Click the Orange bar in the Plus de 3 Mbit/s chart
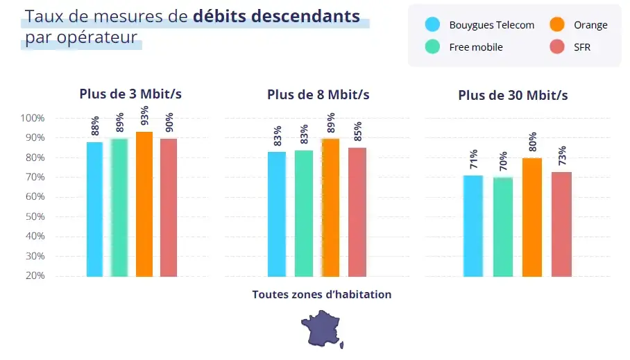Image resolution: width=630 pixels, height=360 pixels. [x=144, y=204]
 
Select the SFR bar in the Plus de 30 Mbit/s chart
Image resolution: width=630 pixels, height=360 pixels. [x=561, y=224]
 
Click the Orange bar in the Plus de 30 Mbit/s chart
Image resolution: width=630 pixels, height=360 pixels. [x=532, y=217]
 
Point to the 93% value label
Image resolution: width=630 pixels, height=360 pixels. [x=144, y=119]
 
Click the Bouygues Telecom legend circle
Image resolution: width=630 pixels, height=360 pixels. [x=432, y=25]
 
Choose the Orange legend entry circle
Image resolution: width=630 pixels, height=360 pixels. [x=557, y=25]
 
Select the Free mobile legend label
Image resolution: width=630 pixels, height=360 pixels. [x=475, y=47]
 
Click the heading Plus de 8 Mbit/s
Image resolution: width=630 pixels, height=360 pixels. [x=318, y=94]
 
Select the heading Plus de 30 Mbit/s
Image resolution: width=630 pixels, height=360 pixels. [x=513, y=95]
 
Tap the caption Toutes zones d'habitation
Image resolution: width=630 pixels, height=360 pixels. [x=322, y=295]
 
